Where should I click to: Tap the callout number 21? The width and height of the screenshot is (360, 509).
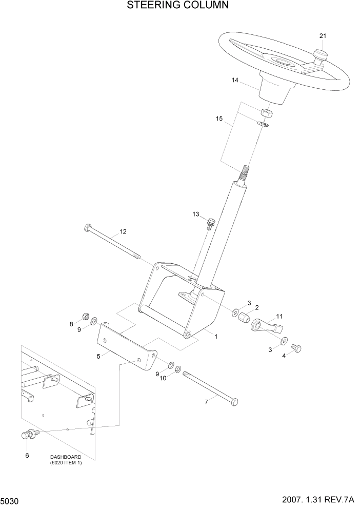(x=323, y=36)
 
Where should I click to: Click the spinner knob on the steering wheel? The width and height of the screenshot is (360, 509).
(x=321, y=56)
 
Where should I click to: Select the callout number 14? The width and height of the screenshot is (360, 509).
(x=235, y=81)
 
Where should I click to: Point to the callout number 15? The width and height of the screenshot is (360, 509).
(x=219, y=119)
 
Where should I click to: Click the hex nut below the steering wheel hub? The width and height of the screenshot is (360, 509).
(x=266, y=113)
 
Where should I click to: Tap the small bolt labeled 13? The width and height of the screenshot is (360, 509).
(x=210, y=223)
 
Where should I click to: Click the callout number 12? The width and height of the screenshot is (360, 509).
(x=123, y=231)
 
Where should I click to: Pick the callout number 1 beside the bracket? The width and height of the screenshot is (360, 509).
(x=216, y=337)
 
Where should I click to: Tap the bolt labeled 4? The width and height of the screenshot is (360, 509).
(x=296, y=349)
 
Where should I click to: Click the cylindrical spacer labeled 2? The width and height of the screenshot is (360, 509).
(x=242, y=320)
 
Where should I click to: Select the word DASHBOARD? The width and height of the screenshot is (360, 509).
(x=66, y=457)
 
